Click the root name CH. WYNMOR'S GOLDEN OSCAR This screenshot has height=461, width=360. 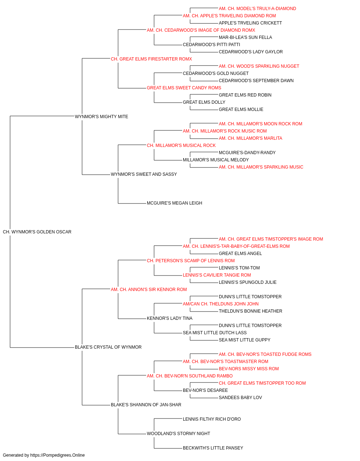pyautogui.click(x=37, y=232)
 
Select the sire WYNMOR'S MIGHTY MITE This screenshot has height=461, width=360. pyautogui.click(x=102, y=117)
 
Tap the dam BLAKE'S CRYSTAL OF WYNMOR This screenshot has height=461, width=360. pyautogui.click(x=108, y=347)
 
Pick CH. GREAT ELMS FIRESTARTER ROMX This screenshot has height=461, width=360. pyautogui.click(x=151, y=59)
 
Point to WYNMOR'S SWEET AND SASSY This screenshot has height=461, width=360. pyautogui.click(x=144, y=174)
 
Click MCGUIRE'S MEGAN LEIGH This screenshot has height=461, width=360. pyautogui.click(x=175, y=203)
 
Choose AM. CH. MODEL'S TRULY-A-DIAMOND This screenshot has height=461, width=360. pyautogui.click(x=257, y=9)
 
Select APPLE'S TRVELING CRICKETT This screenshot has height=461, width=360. pyautogui.click(x=250, y=23)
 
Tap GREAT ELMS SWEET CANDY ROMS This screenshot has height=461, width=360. pyautogui.click(x=184, y=88)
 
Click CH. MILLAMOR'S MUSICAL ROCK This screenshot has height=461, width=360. pyautogui.click(x=181, y=146)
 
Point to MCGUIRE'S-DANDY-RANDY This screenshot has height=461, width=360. pyautogui.click(x=247, y=153)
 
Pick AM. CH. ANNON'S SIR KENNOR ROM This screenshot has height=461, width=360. pyautogui.click(x=149, y=290)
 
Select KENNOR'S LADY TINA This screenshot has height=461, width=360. pyautogui.click(x=170, y=318)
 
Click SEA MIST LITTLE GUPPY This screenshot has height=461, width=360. pyautogui.click(x=244, y=340)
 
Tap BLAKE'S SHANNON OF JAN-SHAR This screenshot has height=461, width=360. pyautogui.click(x=146, y=405)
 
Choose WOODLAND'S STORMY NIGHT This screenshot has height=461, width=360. pyautogui.click(x=178, y=434)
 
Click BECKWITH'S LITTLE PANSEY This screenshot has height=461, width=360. pyautogui.click(x=213, y=448)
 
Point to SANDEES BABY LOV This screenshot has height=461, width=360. pyautogui.click(x=240, y=398)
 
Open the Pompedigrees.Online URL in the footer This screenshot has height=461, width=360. pyautogui.click(x=57, y=455)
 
